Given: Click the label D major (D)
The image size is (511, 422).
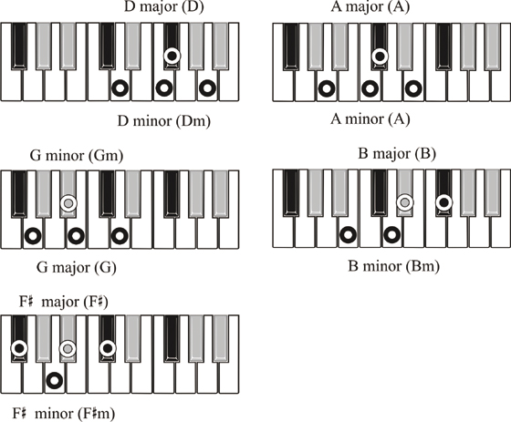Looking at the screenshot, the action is [x=164, y=7].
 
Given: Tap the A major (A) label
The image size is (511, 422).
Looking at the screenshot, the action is [x=370, y=7].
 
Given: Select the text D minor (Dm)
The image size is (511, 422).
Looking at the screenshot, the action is [x=164, y=121].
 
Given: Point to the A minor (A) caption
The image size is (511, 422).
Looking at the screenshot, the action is [x=370, y=119].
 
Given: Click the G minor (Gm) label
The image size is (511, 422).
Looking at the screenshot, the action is [x=77, y=156].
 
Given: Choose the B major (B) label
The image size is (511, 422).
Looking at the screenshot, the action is [x=397, y=154].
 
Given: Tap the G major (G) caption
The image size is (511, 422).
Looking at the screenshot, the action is [x=77, y=268].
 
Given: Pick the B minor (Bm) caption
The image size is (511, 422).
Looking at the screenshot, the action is [x=394, y=266].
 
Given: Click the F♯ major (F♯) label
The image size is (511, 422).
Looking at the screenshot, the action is [x=64, y=302].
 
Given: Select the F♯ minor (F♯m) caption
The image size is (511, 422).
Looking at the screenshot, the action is [x=64, y=414].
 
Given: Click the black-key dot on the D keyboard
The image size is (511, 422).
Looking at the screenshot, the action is [x=172, y=56].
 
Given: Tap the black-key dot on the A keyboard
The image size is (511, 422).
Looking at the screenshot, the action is [x=380, y=56].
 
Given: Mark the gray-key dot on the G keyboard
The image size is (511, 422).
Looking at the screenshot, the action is [x=68, y=203].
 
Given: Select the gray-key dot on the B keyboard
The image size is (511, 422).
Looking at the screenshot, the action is [x=405, y=202].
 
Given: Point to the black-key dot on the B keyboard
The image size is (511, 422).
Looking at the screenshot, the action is [x=443, y=202].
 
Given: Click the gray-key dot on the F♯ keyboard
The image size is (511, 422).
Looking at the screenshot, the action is [x=68, y=349].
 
